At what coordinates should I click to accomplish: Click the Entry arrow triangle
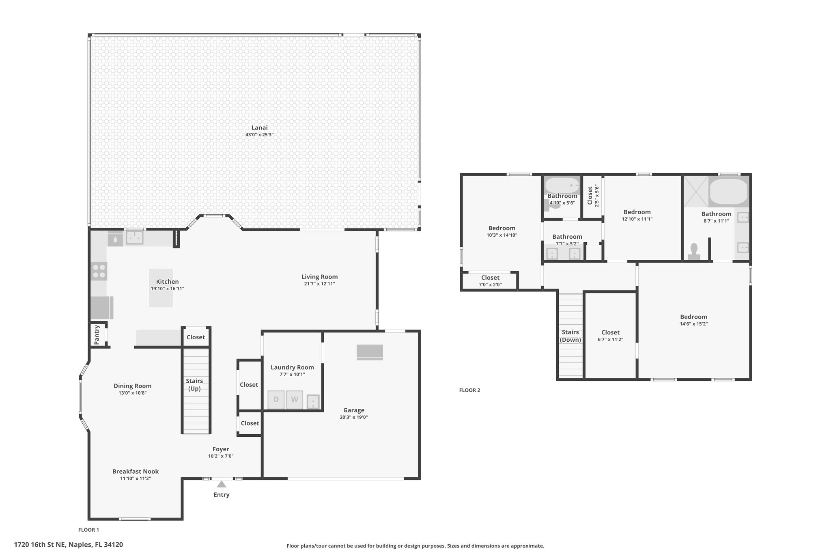tap(221, 484)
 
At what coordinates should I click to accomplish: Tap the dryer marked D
tap(276, 400)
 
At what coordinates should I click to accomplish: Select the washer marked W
tap(295, 400)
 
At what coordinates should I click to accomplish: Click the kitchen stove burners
tap(99, 271)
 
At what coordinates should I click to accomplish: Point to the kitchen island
tap(161, 288)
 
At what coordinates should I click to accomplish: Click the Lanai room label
tap(260, 127)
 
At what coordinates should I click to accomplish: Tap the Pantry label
tap(97, 335)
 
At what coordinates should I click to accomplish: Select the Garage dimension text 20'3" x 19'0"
tap(354, 417)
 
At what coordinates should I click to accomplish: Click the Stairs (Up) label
tap(194, 385)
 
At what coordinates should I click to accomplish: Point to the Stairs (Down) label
tap(570, 336)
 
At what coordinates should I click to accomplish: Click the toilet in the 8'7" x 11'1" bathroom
tap(694, 251)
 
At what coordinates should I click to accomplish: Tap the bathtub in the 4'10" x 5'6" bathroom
tap(562, 185)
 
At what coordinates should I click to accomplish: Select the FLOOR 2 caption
tap(469, 390)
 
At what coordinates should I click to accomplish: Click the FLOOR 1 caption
tap(88, 530)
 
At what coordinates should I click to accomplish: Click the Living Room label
tap(319, 277)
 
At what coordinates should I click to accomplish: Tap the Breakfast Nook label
tap(136, 471)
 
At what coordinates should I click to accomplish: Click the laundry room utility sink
tap(313, 402)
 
